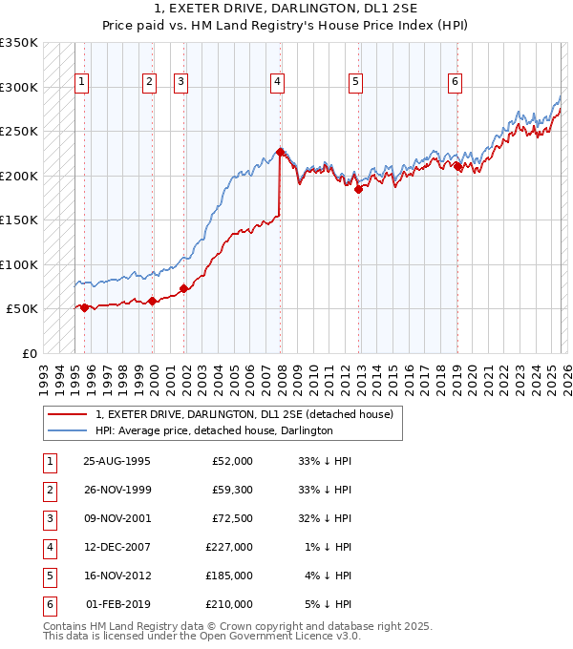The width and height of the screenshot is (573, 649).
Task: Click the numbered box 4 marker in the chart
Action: tap(276, 83)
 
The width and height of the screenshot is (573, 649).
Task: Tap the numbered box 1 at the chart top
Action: tap(83, 83)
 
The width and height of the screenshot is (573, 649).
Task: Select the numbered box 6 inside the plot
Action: tap(455, 83)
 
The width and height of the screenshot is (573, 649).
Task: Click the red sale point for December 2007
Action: tap(280, 152)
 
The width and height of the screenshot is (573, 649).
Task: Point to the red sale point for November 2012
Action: tap(358, 189)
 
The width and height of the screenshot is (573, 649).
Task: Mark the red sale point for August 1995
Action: tap(85, 307)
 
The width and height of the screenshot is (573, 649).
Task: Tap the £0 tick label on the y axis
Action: tap(29, 353)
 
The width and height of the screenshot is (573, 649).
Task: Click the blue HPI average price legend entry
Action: tap(213, 430)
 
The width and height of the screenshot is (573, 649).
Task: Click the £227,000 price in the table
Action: tap(229, 547)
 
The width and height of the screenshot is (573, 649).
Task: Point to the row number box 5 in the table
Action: tap(49, 576)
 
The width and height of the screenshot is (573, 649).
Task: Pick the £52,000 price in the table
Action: tap(232, 461)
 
